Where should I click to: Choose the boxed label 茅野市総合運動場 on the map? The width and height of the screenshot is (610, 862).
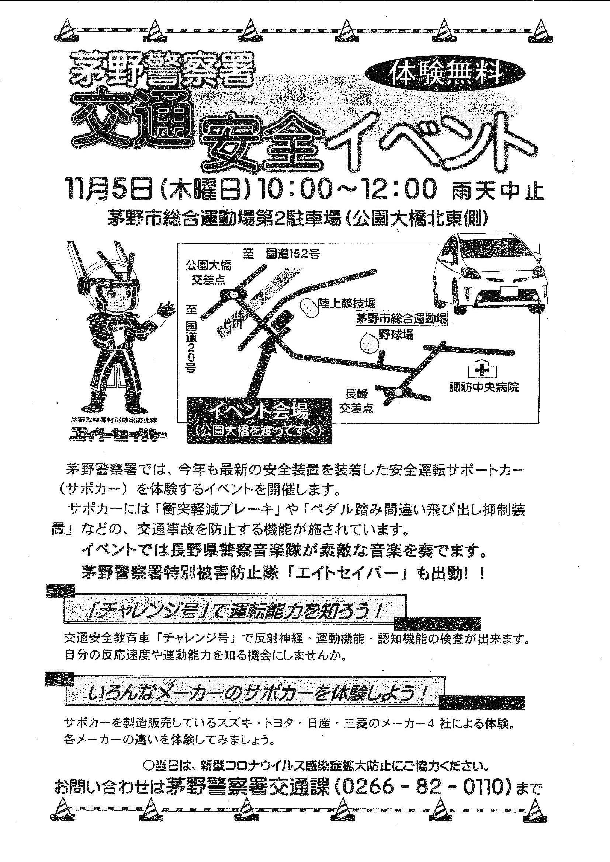(402, 319)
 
